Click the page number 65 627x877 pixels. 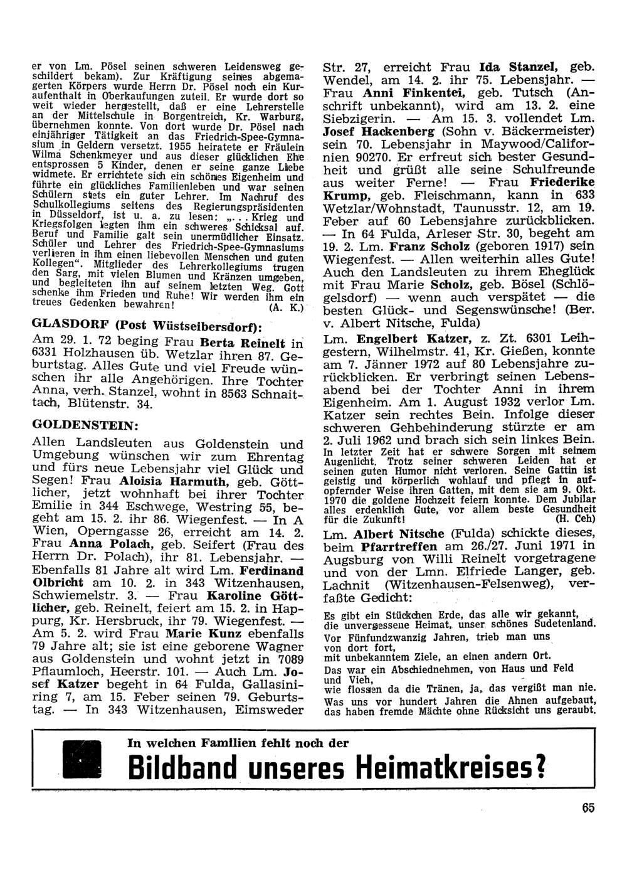[x=587, y=808]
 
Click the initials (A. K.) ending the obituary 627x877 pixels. [x=285, y=308]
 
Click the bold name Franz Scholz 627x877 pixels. [x=429, y=246]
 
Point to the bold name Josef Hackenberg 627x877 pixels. [x=379, y=132]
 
